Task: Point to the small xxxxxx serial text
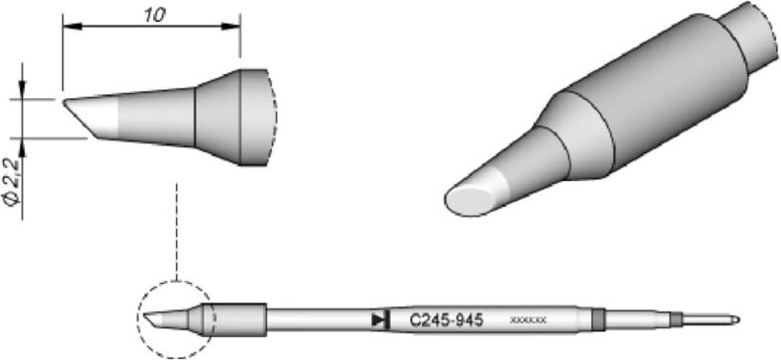tap(529, 320)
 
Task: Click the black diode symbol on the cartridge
tap(378, 319)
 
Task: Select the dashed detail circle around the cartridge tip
tap(175, 318)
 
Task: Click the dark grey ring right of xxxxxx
tap(598, 318)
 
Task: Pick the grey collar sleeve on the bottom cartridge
tap(240, 318)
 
